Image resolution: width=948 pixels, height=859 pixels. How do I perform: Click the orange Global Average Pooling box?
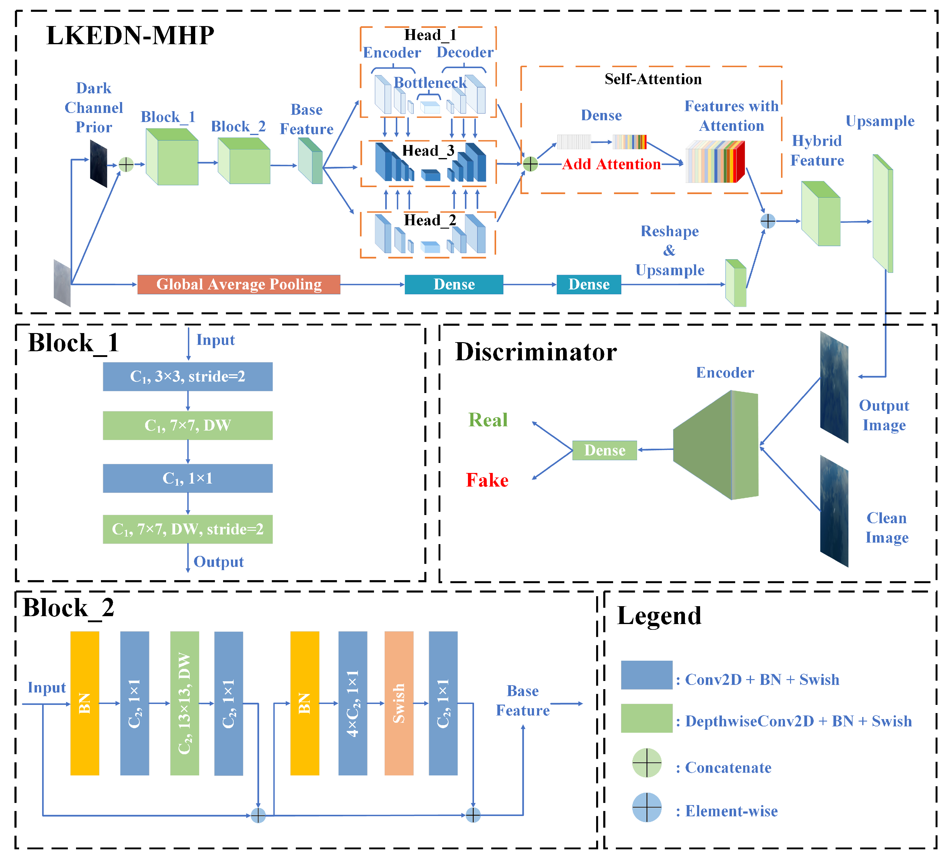pos(239,284)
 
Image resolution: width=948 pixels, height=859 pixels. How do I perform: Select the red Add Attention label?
pos(611,164)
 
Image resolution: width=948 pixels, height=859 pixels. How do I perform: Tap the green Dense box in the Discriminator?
pos(604,450)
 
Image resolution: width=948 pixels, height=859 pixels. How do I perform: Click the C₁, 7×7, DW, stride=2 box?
pos(188,529)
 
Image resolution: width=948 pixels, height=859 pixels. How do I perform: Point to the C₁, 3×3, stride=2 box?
pos(188,376)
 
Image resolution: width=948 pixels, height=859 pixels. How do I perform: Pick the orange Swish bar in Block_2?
pos(399,703)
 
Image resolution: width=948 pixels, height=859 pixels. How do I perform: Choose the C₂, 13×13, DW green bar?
pos(184,703)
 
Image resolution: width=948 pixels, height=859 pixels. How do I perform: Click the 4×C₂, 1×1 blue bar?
pos(353,703)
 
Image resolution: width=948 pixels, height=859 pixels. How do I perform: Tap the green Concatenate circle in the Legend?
pos(646,763)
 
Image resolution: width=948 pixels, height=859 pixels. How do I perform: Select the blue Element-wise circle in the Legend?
pos(646,807)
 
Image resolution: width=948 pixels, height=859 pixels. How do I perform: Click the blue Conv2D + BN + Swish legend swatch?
pos(646,675)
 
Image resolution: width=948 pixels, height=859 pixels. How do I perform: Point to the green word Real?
pos(488,420)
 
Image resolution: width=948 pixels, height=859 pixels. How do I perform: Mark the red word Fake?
pos(487,480)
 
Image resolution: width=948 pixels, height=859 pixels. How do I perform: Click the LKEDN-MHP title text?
pos(130,36)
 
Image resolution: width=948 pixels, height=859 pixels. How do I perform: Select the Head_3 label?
pos(428,151)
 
